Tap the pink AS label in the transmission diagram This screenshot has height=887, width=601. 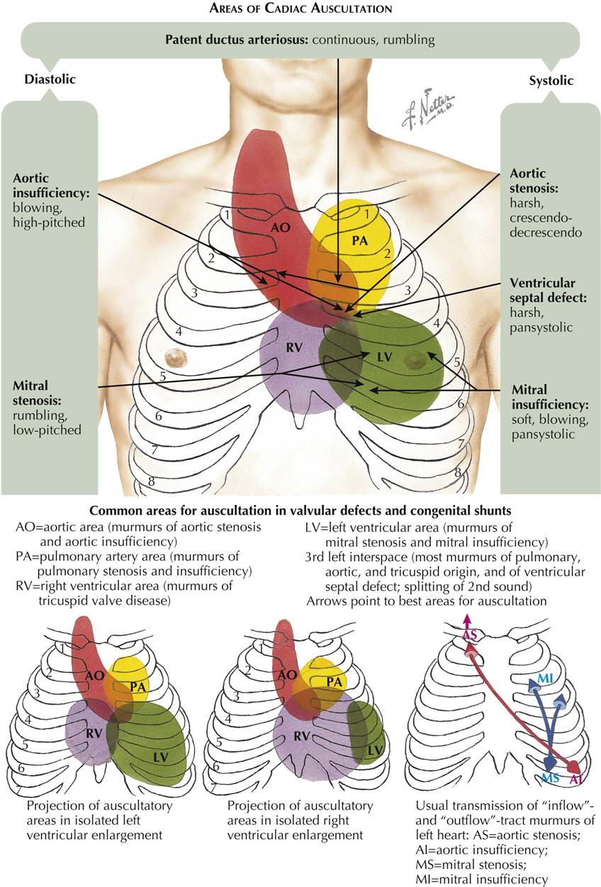[x=469, y=635]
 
